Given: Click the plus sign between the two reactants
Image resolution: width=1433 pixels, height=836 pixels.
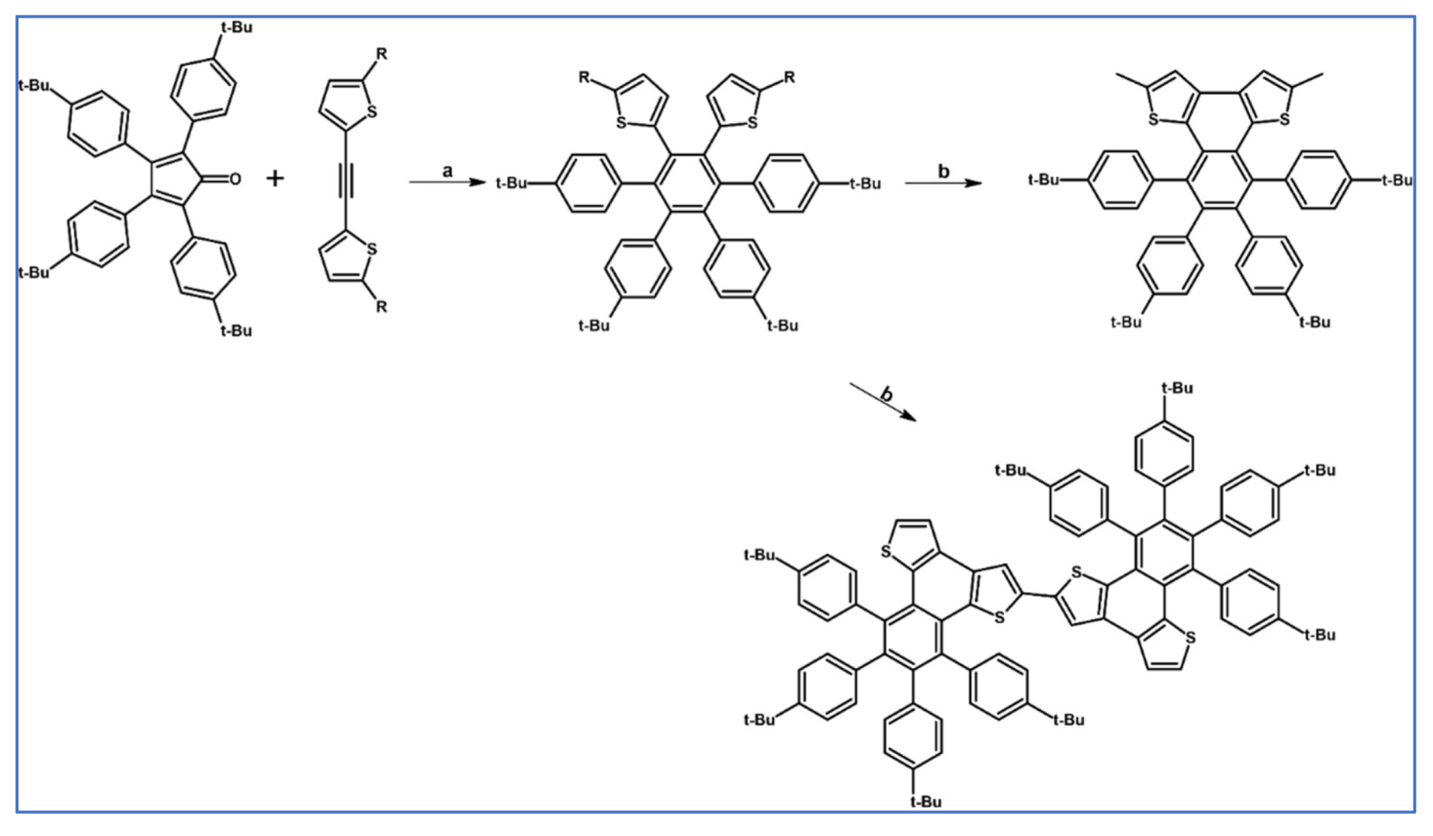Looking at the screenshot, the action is (275, 178).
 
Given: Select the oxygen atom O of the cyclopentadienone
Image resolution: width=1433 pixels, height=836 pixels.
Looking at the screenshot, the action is (235, 179).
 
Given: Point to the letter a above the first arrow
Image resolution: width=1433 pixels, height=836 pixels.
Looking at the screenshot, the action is (447, 171).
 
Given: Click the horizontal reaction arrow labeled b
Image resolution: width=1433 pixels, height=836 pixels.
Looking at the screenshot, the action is (943, 183).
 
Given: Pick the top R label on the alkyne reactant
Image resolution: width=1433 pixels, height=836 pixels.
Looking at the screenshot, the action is (382, 55).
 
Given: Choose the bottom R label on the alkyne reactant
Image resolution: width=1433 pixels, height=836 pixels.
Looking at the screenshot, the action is (382, 307).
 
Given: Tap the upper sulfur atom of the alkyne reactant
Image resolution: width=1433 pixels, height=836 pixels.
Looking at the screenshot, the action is (372, 112).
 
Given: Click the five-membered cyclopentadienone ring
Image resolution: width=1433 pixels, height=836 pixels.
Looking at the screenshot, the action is (175, 179).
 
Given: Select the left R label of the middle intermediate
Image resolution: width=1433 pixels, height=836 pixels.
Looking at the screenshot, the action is (584, 77).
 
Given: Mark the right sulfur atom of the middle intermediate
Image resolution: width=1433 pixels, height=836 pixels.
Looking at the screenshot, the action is (753, 123).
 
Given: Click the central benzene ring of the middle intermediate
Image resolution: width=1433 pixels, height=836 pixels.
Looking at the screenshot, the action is (687, 183).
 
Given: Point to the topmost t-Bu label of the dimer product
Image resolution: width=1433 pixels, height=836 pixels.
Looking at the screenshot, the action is (1176, 388).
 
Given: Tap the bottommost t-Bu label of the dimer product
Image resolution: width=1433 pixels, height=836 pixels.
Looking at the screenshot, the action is (925, 801).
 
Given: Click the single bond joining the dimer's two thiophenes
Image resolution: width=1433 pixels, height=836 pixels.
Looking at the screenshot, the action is (1039, 595).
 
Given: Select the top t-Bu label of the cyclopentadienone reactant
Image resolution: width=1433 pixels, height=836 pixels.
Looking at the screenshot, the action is (236, 27).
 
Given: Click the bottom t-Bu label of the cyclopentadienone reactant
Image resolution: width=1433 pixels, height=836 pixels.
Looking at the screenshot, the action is (236, 331).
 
